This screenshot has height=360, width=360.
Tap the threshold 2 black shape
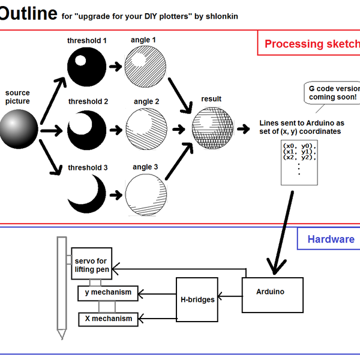tap(87, 128)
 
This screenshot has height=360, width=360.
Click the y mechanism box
tap(108, 293)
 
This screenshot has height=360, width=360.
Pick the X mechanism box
tap(108, 319)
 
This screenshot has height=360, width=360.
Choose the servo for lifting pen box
tap(91, 265)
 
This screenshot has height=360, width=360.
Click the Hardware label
tap(331, 239)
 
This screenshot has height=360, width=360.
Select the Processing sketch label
tap(311, 44)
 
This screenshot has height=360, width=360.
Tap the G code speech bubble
tap(332, 92)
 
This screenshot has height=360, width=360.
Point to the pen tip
tap(61, 334)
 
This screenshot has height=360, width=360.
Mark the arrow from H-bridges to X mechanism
tap(157, 319)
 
